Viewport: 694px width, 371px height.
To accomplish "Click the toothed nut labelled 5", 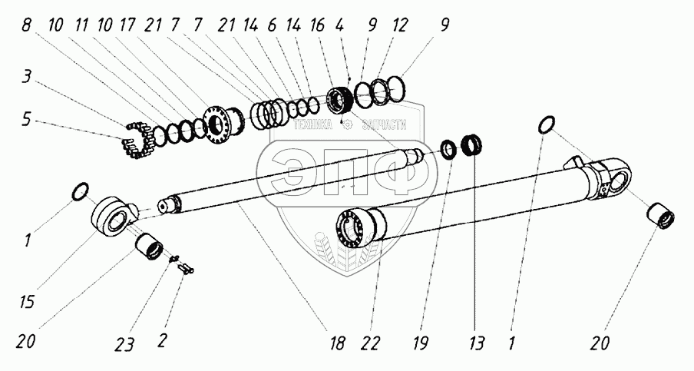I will click(x=140, y=141).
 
